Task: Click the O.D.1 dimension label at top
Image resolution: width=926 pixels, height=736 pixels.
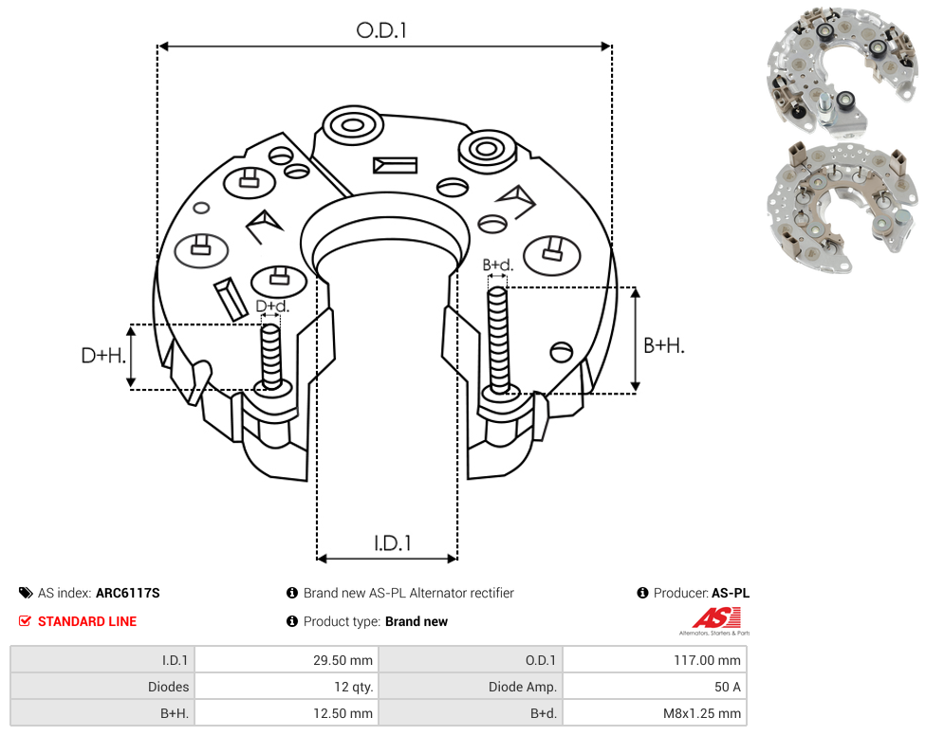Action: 381,30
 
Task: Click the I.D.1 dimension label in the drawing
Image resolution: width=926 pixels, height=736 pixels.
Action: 393,543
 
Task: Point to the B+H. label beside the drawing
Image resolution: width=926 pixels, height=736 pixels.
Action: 664,345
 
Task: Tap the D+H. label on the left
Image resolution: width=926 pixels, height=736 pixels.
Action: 103,356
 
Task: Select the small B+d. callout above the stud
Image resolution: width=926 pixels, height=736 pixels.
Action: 498,265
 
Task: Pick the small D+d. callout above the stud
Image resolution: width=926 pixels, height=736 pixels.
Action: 272,306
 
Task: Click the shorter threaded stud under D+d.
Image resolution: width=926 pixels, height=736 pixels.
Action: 271,357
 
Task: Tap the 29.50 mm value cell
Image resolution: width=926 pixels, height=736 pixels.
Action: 343,660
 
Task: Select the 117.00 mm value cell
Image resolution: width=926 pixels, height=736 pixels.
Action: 707,660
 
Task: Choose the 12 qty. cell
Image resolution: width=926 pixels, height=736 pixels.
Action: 353,687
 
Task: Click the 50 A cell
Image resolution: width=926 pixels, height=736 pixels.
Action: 727,687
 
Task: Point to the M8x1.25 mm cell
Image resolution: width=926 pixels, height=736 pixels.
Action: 701,713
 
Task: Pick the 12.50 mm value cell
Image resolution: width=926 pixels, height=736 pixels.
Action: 343,713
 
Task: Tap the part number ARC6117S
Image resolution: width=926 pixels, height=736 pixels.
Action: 127,593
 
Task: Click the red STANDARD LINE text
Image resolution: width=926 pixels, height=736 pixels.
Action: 87,621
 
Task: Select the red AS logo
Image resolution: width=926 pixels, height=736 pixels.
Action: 716,618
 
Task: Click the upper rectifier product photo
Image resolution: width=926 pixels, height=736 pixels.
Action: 843,71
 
